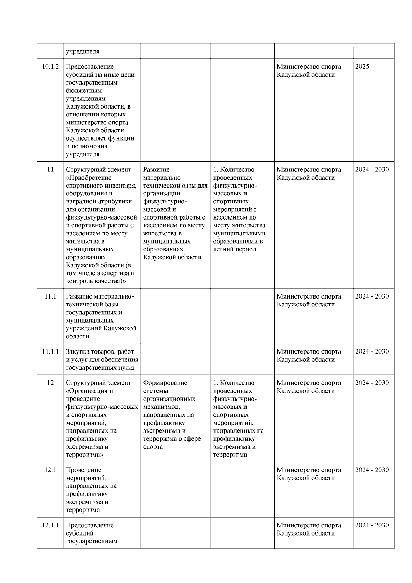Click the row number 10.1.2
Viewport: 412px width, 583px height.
tap(50, 67)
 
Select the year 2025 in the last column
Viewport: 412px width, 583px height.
tap(362, 67)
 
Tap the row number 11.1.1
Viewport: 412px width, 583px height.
tap(50, 352)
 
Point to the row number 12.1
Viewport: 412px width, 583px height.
tap(50, 470)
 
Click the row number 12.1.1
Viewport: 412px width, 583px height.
tap(50, 525)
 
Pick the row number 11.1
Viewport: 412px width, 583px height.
tap(50, 296)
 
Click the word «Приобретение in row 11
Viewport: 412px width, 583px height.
tap(89, 178)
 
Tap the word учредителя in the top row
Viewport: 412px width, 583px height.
tap(82, 52)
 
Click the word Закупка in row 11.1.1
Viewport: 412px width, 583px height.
tap(77, 352)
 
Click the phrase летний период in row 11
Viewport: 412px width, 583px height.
tap(234, 249)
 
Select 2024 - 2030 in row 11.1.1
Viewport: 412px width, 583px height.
tap(372, 352)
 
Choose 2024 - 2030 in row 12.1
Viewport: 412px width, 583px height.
tap(372, 470)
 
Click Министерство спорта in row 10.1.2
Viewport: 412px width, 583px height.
tap(309, 67)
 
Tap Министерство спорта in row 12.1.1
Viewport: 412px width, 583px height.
tap(309, 525)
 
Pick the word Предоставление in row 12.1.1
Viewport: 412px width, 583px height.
tap(90, 525)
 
